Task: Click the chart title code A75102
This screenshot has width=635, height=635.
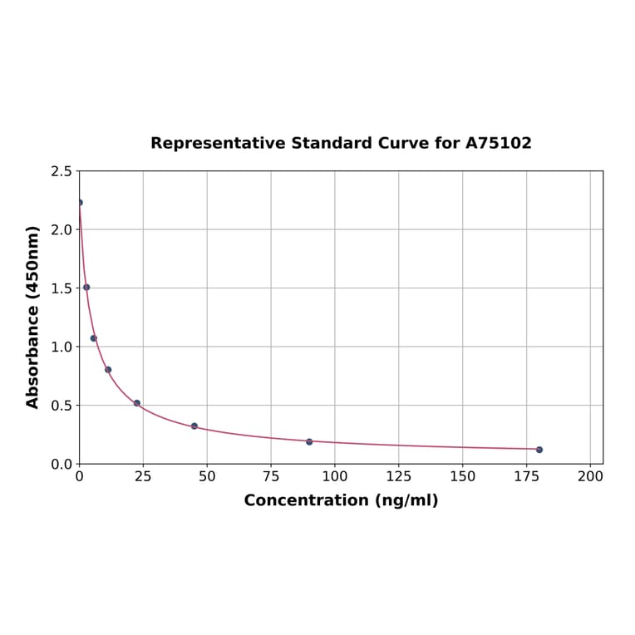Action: tap(498, 143)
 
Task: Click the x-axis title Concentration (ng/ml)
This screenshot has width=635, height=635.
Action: tap(341, 500)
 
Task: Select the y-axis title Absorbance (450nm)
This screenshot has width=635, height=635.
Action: tap(33, 317)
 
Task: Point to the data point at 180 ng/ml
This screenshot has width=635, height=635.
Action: tap(539, 450)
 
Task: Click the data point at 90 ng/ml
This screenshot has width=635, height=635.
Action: tap(309, 441)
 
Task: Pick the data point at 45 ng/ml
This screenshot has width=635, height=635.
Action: tap(194, 426)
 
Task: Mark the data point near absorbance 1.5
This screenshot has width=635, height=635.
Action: tap(86, 288)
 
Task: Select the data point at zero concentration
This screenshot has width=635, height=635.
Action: tap(80, 202)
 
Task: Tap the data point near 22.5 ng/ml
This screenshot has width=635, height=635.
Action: tap(137, 403)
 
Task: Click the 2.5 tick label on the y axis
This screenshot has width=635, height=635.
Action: tap(61, 171)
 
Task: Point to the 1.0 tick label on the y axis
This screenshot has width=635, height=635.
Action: tap(61, 347)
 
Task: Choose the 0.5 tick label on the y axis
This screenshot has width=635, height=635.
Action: tap(61, 406)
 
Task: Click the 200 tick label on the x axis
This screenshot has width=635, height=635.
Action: tap(590, 477)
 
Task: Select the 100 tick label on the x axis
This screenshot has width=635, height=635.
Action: tap(335, 477)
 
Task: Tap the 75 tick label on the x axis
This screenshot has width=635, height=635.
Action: tap(271, 477)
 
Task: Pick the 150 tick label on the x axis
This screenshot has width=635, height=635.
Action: tap(463, 477)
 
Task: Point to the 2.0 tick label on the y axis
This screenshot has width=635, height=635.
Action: tap(61, 229)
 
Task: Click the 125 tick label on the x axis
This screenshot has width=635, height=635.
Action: tap(399, 477)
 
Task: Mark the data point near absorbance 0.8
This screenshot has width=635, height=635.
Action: tap(108, 370)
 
